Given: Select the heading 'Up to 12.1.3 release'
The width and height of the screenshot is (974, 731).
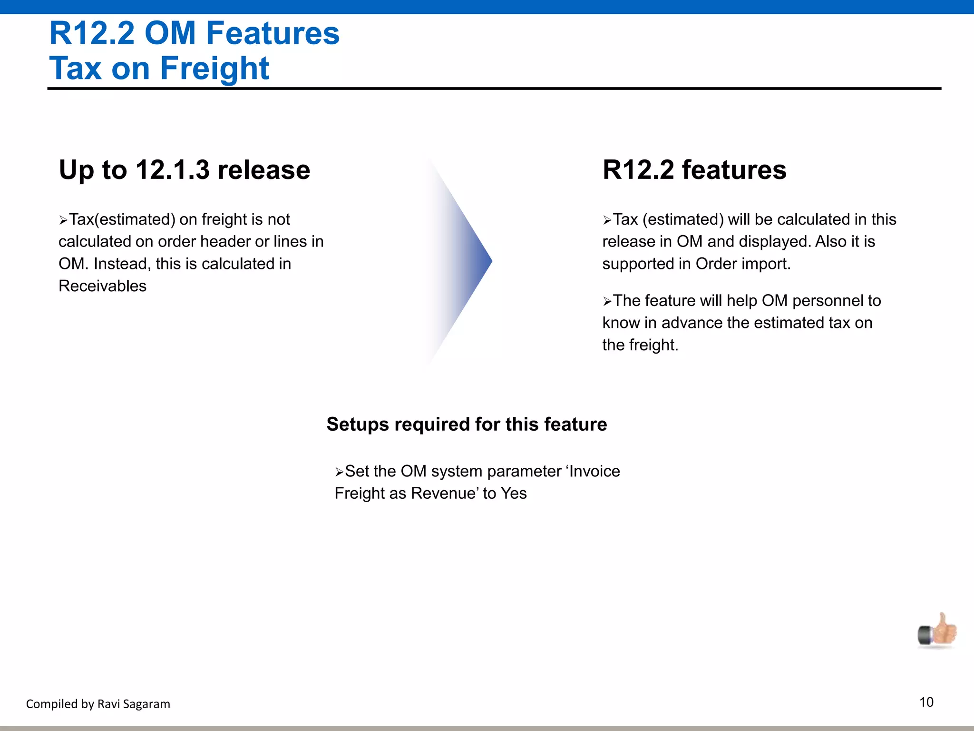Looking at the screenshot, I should click(x=185, y=170).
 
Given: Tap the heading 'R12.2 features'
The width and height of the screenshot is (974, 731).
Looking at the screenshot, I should click(x=694, y=170).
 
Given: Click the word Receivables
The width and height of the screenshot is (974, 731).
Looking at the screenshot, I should click(x=102, y=286).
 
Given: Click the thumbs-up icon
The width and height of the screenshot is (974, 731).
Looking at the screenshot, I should click(x=937, y=632).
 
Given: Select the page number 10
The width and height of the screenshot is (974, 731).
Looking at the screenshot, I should click(x=926, y=702).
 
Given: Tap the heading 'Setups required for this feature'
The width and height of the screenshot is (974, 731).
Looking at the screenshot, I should click(x=467, y=424).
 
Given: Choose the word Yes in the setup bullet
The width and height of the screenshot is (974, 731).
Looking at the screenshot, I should click(x=514, y=494).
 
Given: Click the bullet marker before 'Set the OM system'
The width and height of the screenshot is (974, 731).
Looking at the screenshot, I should click(x=339, y=472).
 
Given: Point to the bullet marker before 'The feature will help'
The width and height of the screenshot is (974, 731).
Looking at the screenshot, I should click(x=607, y=302).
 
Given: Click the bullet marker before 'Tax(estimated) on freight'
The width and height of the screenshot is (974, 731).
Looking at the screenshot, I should click(x=63, y=220).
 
